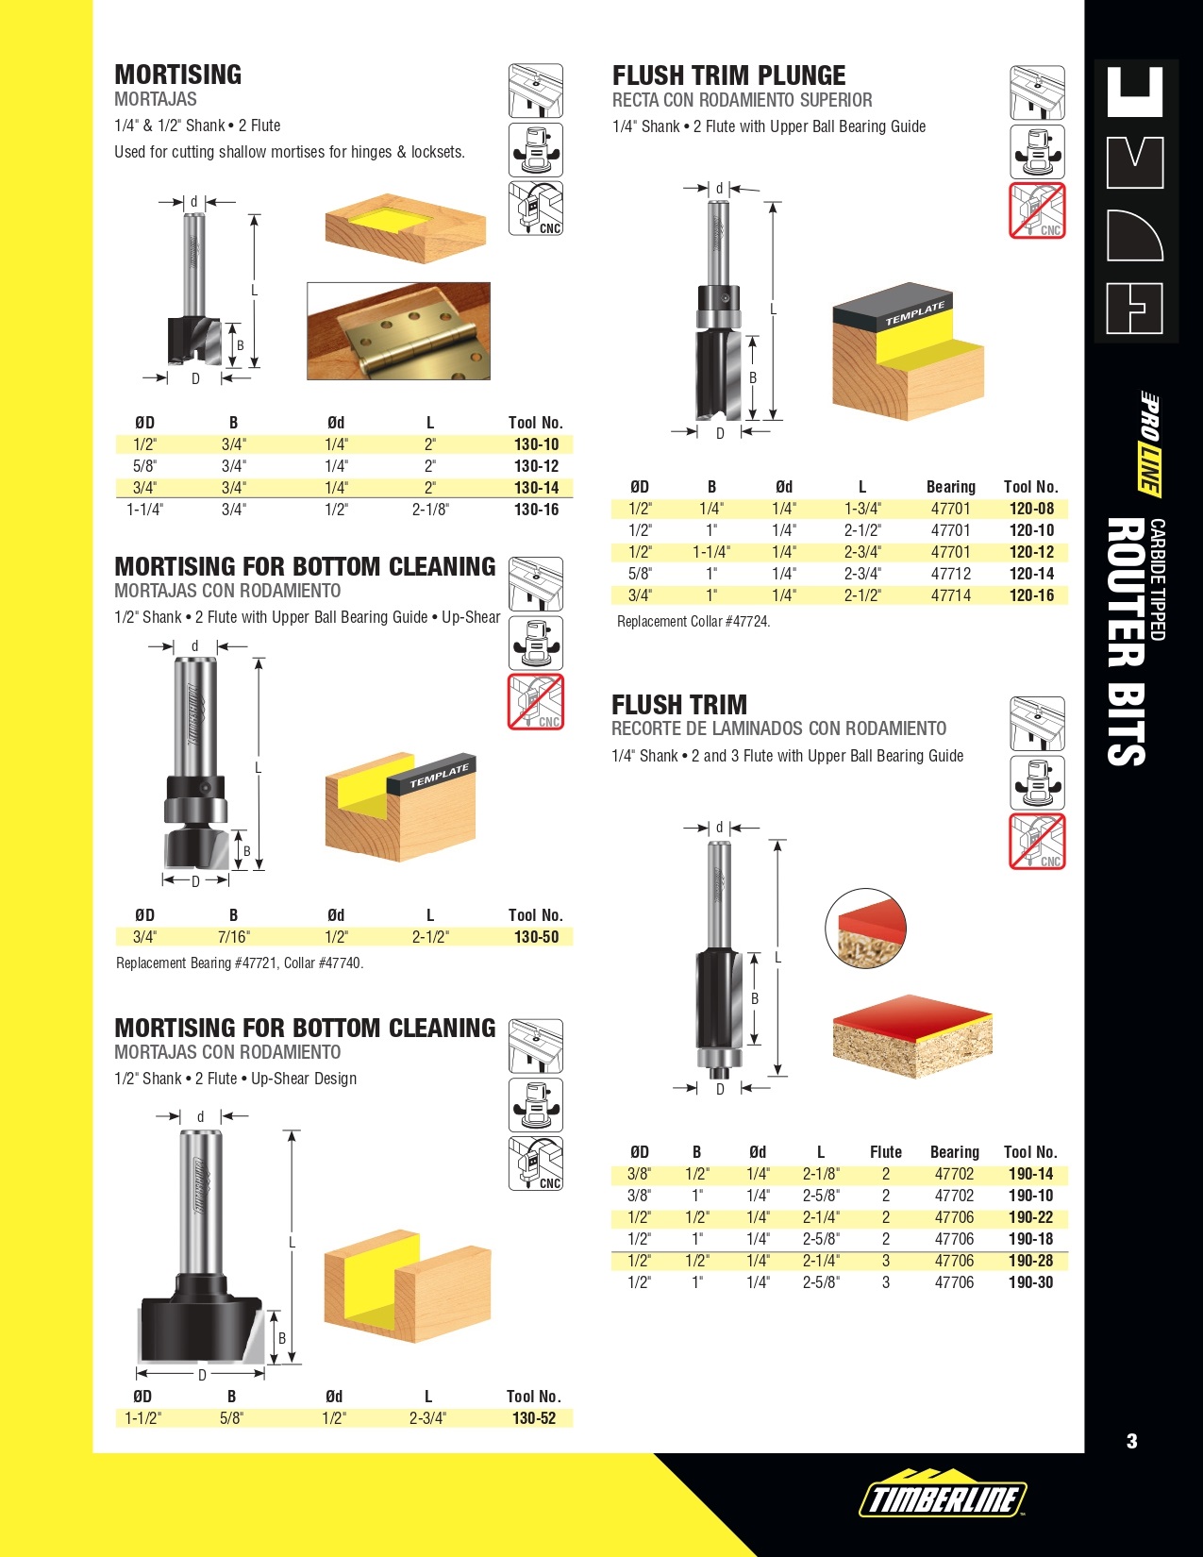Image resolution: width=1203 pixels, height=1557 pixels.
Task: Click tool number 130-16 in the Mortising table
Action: [536, 510]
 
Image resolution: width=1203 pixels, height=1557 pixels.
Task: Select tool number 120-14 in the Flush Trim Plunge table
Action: [1031, 574]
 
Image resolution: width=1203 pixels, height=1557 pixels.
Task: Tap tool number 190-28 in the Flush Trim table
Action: [1030, 1261]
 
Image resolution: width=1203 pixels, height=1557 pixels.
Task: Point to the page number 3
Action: [1131, 1441]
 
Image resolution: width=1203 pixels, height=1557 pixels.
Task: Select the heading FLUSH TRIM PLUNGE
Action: [728, 75]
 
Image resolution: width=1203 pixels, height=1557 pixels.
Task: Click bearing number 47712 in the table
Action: [951, 574]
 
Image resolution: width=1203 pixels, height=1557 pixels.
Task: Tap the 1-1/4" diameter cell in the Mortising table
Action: [144, 510]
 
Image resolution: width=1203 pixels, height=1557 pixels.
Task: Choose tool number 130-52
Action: [534, 1418]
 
